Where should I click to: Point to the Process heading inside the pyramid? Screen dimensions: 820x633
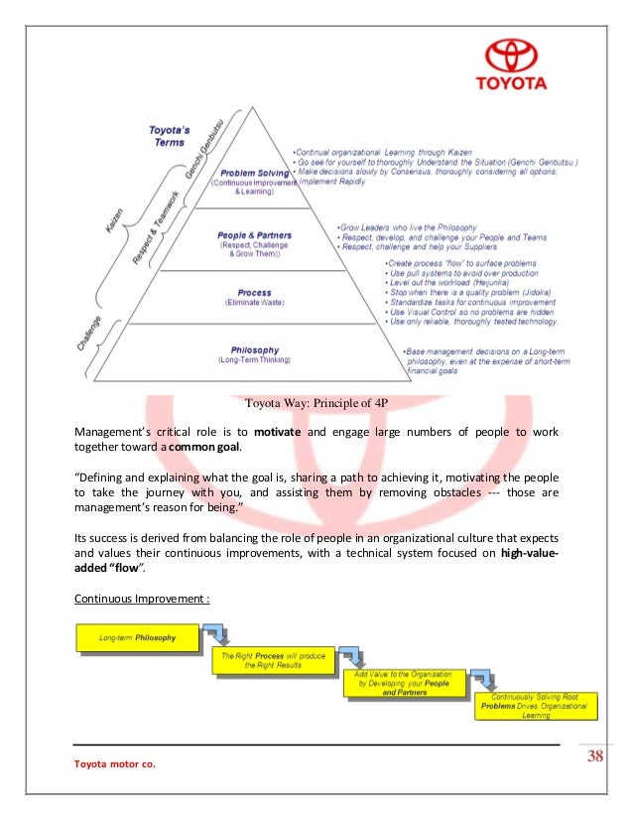click(254, 293)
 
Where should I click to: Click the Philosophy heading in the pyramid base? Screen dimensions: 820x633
click(254, 349)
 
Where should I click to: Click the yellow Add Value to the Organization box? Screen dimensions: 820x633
click(403, 685)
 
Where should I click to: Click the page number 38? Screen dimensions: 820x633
click(595, 758)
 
